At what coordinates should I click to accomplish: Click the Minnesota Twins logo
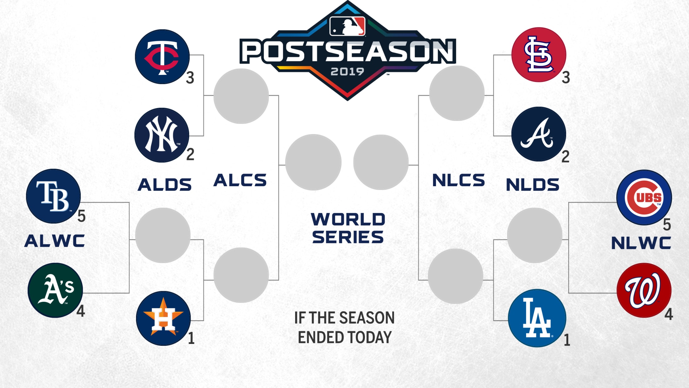162,57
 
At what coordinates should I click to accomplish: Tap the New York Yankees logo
162,135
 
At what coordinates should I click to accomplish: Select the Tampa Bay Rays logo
53,196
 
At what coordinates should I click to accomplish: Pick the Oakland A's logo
55,290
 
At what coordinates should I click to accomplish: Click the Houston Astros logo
163,318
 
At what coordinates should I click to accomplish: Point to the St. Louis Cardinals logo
539,55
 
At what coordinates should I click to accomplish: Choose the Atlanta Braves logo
539,134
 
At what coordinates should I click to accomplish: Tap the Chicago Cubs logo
644,197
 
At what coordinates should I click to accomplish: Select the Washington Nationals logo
644,290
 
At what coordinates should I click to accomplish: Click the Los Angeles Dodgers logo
537,318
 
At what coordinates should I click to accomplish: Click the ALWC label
55,241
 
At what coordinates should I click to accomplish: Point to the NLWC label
641,243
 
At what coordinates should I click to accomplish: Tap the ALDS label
164,184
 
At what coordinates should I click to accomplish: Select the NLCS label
458,180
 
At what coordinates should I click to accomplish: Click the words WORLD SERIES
348,228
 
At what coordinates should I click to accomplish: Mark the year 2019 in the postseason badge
347,72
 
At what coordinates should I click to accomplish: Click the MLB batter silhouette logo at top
347,26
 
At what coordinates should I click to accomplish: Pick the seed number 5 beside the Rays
81,216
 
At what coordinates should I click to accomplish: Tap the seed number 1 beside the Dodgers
567,340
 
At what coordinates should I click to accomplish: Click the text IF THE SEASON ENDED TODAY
344,327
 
